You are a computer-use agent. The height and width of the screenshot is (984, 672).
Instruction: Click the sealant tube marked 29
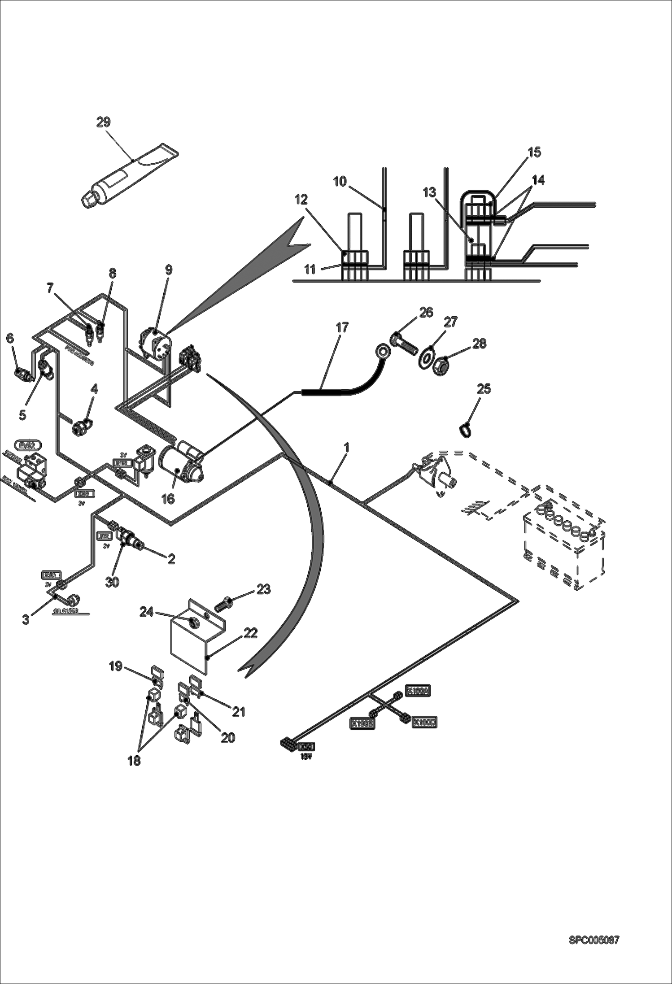130,175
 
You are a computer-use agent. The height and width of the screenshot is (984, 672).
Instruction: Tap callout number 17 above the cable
342,327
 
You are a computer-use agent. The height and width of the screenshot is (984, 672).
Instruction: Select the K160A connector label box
418,690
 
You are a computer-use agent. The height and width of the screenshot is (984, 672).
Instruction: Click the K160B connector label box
362,723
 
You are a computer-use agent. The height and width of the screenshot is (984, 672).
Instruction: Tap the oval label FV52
28,445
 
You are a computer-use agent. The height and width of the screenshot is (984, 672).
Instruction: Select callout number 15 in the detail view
534,152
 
